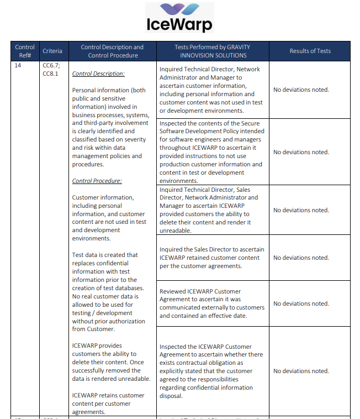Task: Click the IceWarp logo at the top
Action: pos(179,17)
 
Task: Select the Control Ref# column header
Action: pos(25,51)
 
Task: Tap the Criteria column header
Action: pos(52,51)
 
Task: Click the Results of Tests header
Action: pos(310,51)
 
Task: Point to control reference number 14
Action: pos(18,65)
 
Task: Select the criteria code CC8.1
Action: pos(50,74)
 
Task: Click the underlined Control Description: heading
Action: pos(98,74)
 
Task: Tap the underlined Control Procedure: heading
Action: pos(97,181)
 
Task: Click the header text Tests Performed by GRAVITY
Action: pos(212,47)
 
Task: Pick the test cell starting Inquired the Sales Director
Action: pos(211,258)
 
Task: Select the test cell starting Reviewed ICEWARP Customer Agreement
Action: pos(211,303)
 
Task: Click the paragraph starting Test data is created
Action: pos(109,292)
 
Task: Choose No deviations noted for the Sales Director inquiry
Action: pos(301,258)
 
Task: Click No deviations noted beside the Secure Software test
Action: pos(301,152)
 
